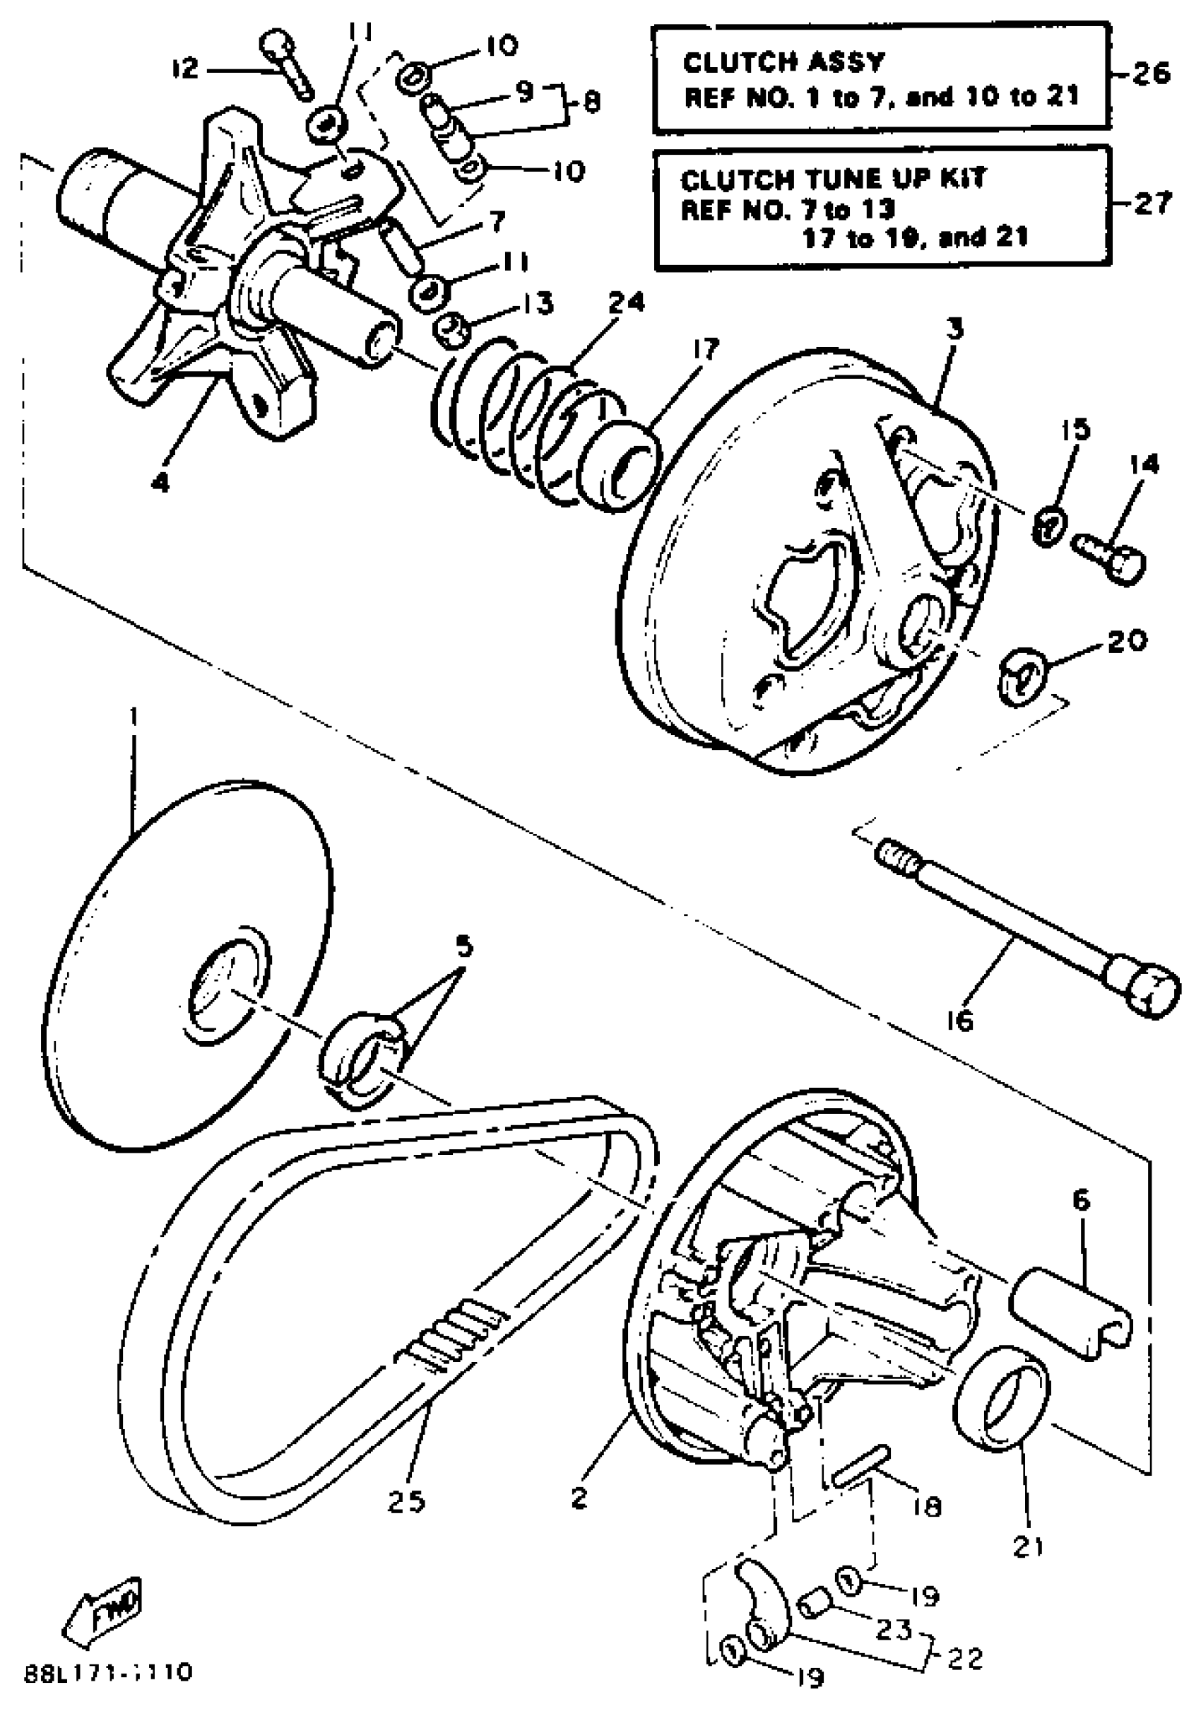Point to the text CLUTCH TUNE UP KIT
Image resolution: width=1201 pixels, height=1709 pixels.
(833, 179)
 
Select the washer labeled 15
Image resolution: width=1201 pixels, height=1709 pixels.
(1048, 528)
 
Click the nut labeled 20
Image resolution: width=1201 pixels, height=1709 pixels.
(1024, 674)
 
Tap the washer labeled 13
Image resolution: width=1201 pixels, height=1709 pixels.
(451, 328)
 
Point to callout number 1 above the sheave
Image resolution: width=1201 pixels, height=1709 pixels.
(134, 718)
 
